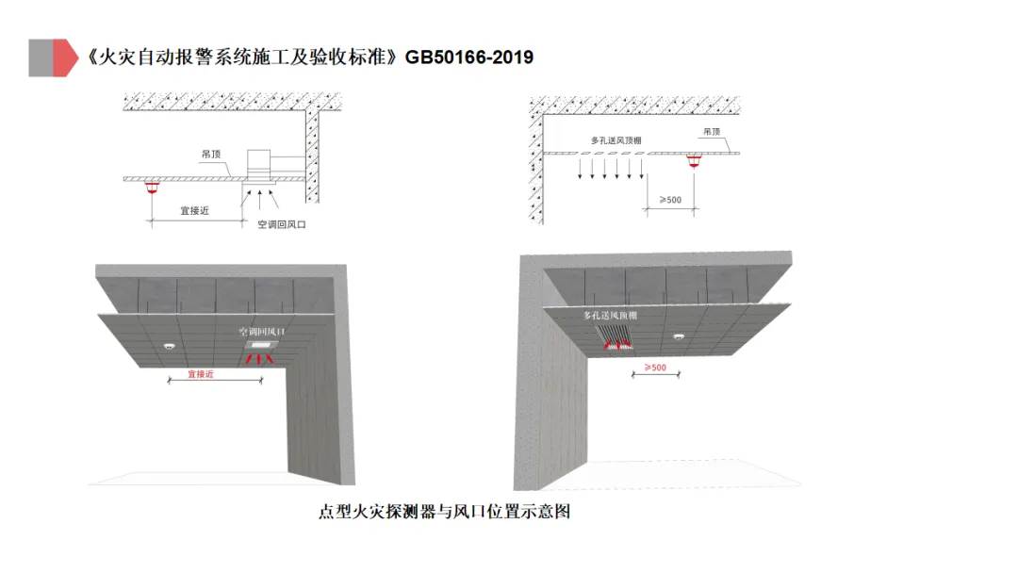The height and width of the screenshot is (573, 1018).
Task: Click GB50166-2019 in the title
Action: (x=469, y=57)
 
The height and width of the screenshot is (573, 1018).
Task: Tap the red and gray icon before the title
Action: (x=52, y=57)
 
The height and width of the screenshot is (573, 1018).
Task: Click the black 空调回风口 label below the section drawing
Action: (x=282, y=224)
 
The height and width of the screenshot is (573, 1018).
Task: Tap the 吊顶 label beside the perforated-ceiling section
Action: (x=712, y=133)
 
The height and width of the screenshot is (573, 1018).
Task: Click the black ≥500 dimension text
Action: (x=669, y=199)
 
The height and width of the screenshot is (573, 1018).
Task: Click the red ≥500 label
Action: (x=655, y=367)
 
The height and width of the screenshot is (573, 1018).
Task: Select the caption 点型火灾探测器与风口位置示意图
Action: (x=445, y=513)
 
